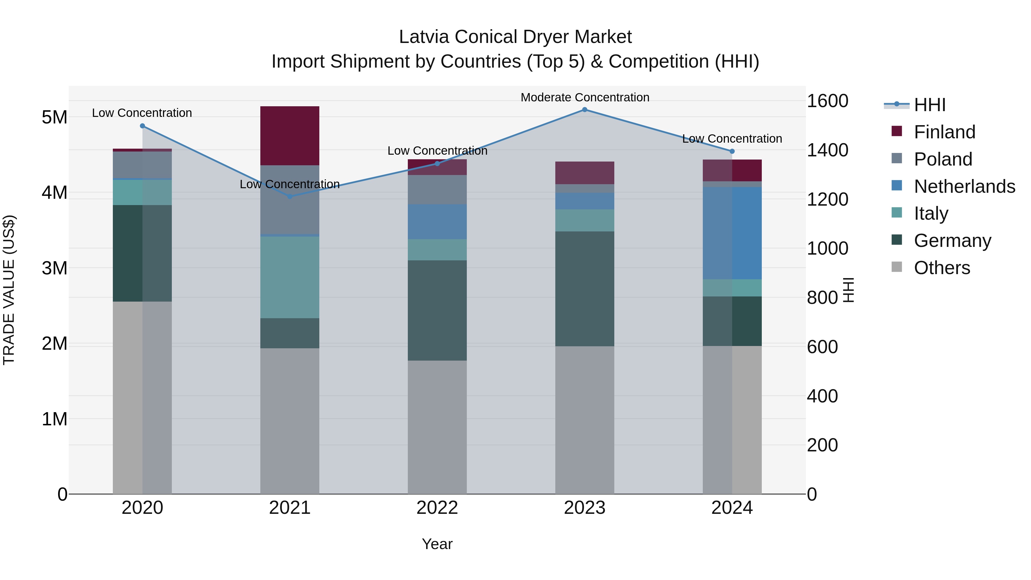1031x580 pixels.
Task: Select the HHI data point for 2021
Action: coord(290,196)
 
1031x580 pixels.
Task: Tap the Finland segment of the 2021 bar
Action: coord(290,136)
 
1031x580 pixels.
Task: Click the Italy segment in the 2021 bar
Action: coord(290,277)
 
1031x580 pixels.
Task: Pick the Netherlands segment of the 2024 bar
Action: coord(732,233)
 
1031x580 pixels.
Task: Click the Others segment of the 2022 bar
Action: coord(437,427)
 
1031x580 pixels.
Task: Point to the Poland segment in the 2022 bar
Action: coord(437,190)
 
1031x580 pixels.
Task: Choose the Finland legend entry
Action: coord(945,132)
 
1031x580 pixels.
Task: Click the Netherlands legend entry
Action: coord(964,186)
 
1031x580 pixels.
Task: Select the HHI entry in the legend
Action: coord(929,105)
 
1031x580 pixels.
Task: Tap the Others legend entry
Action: coord(942,268)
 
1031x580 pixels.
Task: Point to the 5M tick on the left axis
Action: coord(54,117)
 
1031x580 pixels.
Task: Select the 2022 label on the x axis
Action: coord(437,508)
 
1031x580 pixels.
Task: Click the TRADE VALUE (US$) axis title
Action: coord(9,290)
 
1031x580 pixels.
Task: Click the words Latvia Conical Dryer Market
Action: coord(515,37)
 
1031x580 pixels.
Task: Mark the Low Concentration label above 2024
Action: coord(732,139)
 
